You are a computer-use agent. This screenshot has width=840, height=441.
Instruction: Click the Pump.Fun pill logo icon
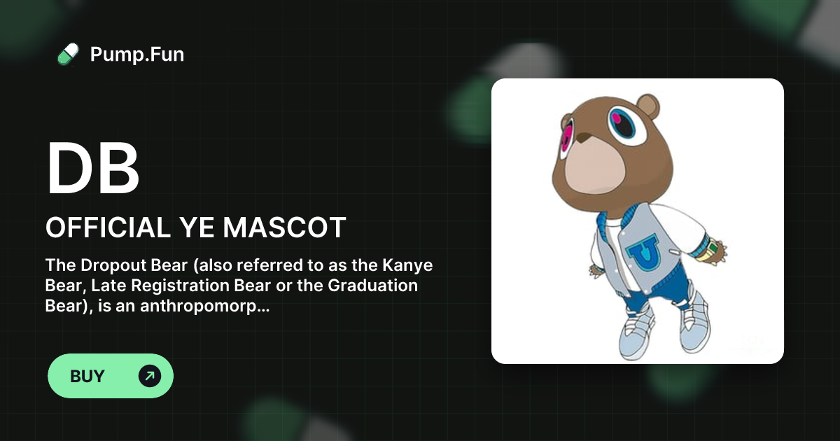point(67,54)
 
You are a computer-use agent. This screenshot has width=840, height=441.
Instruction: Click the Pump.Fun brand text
point(137,54)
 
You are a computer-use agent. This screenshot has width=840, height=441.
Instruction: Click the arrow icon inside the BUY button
point(150,376)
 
